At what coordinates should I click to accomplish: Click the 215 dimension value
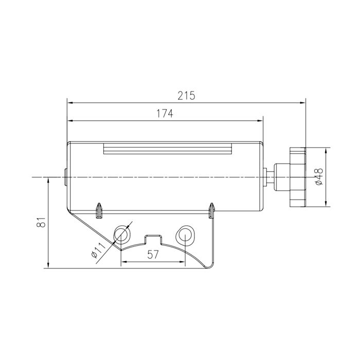pyautogui.click(x=186, y=96)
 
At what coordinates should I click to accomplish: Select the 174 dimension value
pyautogui.click(x=165, y=114)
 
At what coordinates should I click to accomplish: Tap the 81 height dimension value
pyautogui.click(x=41, y=222)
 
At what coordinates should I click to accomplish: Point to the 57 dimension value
pyautogui.click(x=153, y=255)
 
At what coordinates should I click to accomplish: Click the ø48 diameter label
pyautogui.click(x=319, y=176)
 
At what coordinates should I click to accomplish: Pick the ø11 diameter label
pyautogui.click(x=98, y=250)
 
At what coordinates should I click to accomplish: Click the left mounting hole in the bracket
pyautogui.click(x=122, y=235)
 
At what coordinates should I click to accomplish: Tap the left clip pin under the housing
pyautogui.click(x=99, y=211)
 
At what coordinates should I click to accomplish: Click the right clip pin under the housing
pyautogui.click(x=212, y=210)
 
